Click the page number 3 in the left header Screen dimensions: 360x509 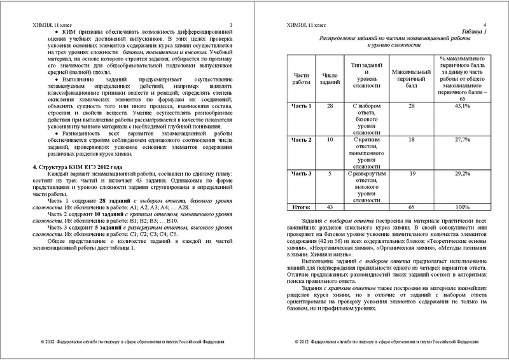pyautogui.click(x=231, y=24)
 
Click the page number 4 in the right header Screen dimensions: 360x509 pyautogui.click(x=484, y=24)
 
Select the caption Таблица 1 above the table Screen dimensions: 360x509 pyautogui.click(x=473, y=31)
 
